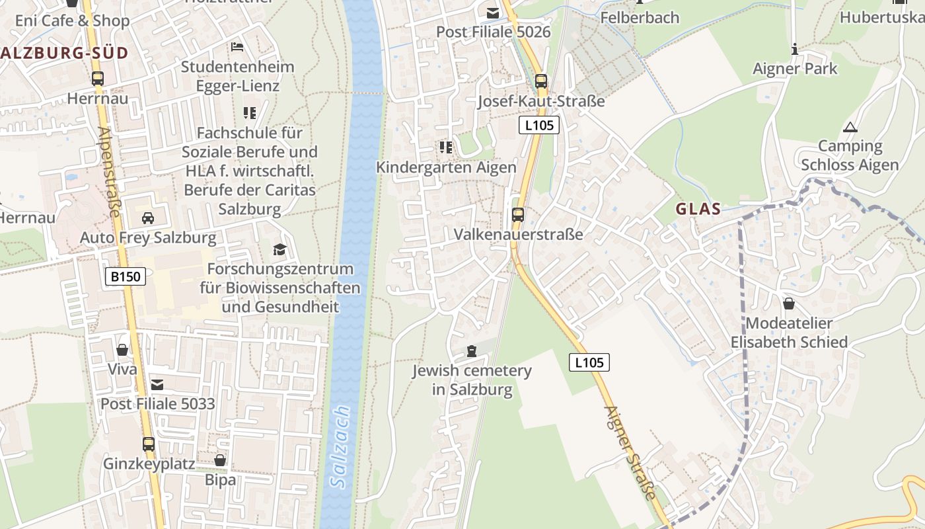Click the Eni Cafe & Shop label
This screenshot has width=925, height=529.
[x=73, y=20]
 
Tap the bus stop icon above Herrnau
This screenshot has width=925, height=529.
[x=98, y=79]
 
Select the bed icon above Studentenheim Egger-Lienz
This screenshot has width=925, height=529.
[x=237, y=47]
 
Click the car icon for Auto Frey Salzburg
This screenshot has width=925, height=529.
[x=148, y=218]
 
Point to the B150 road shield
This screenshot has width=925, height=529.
[x=125, y=276]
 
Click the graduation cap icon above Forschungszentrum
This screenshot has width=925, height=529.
[x=280, y=249]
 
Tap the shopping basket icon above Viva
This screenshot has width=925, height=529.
[x=122, y=350]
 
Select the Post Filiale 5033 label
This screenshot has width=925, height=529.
[x=158, y=403]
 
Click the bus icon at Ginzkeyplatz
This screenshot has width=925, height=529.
[x=149, y=444]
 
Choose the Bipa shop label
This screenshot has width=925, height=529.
[x=220, y=480]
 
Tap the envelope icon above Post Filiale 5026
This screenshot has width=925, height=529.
[x=493, y=13]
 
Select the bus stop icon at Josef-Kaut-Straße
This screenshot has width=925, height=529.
[x=541, y=82]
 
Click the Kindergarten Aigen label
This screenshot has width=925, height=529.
[x=446, y=167]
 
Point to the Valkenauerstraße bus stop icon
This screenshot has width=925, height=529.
[x=518, y=215]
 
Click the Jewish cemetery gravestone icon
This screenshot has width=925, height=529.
[x=472, y=351]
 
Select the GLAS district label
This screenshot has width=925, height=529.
[x=698, y=209]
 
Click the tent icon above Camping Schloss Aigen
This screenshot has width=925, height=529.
[x=850, y=127]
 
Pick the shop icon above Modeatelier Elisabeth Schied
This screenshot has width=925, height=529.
[x=789, y=304]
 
